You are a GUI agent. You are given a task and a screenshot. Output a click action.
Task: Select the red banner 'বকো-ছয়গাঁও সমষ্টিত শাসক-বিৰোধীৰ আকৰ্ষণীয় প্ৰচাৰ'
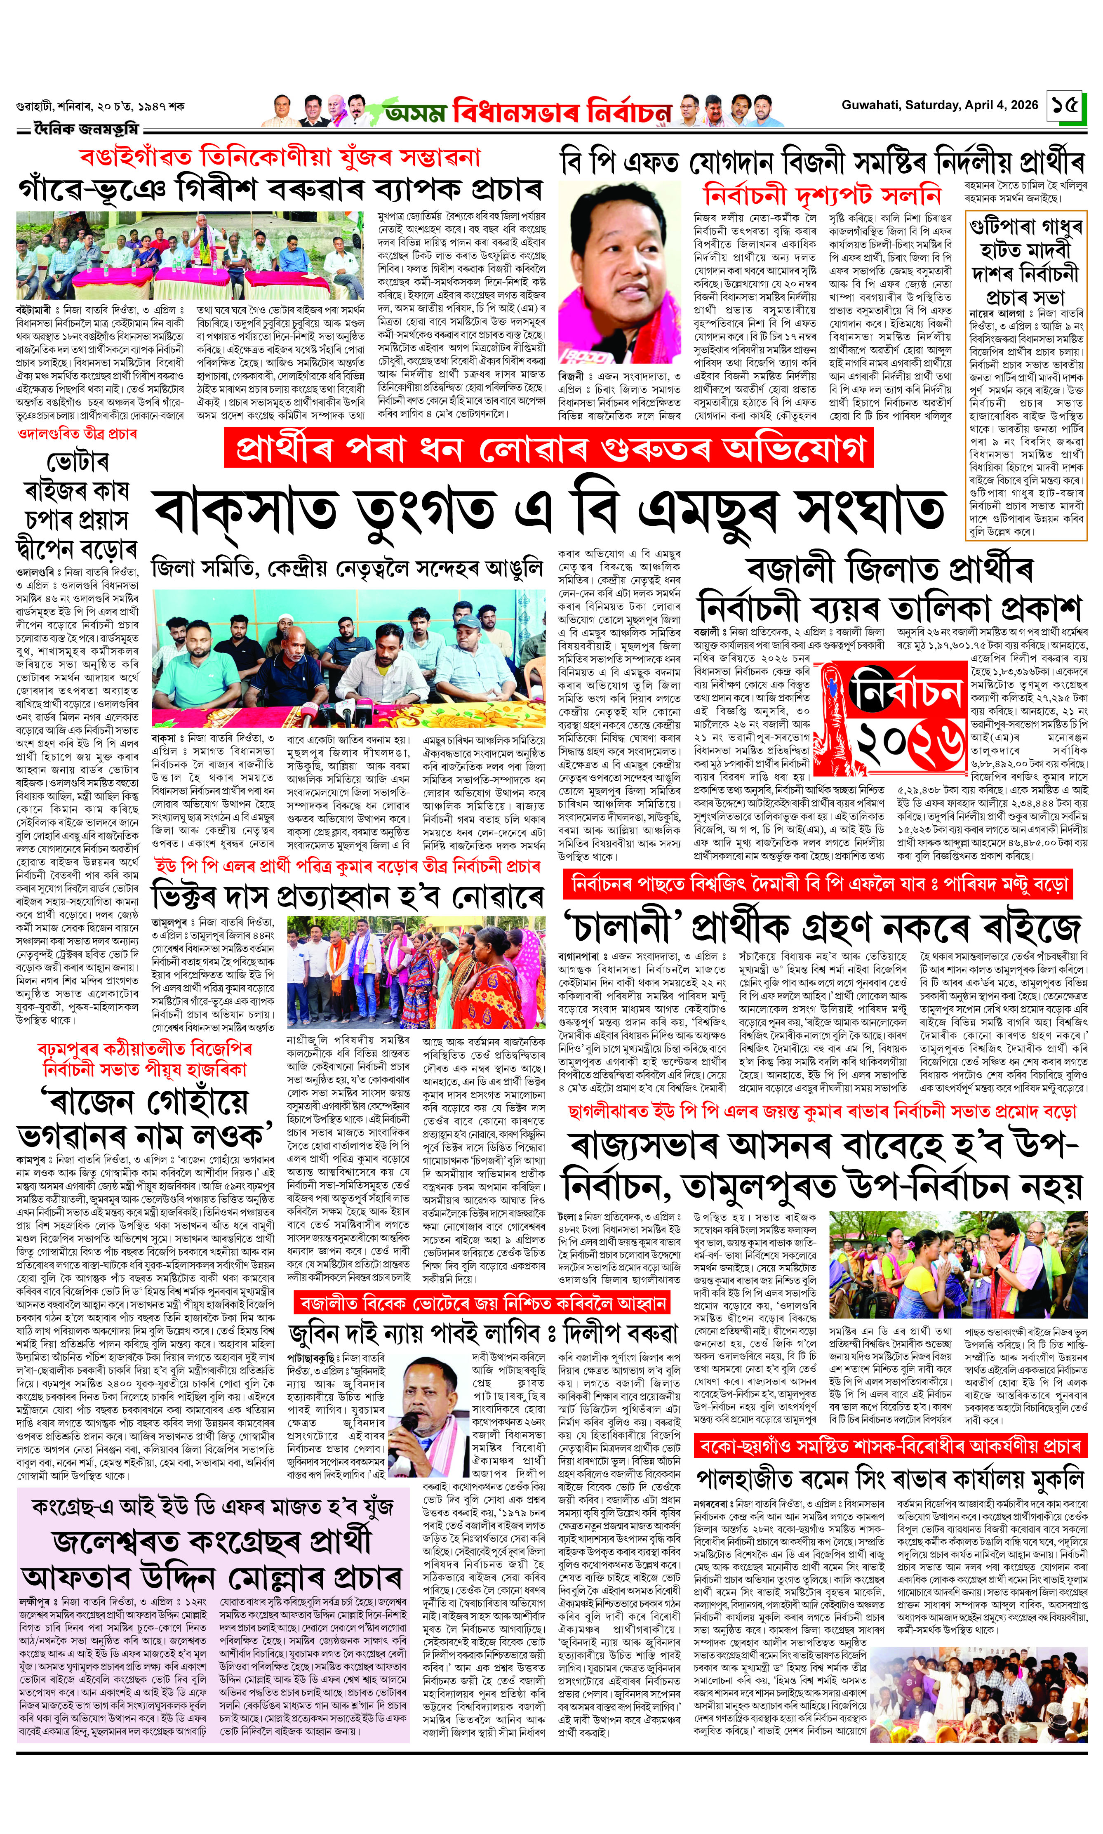click(890, 1446)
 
